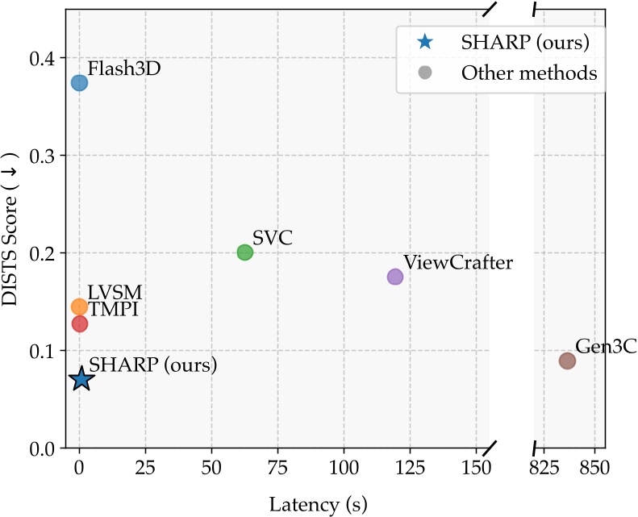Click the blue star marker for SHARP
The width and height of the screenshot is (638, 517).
[80, 379]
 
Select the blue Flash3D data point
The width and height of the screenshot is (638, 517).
[79, 82]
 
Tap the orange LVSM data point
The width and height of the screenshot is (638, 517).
[79, 306]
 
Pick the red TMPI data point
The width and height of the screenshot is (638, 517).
[79, 323]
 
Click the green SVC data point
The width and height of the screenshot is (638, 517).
[245, 252]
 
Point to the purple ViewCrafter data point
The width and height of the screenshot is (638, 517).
[395, 277]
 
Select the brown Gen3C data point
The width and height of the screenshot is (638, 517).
[568, 361]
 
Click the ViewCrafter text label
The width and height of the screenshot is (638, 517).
[458, 262]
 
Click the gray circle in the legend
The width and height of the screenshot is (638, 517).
[425, 73]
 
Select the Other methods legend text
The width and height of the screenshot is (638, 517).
[529, 73]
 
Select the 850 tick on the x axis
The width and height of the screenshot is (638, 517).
[594, 467]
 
